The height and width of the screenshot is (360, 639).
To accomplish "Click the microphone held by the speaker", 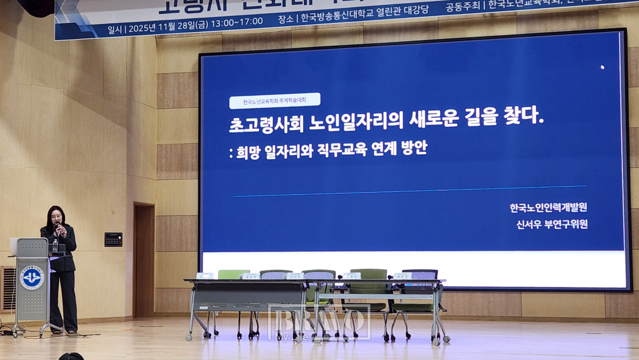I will (59, 229).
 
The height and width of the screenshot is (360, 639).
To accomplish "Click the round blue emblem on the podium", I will (32, 278).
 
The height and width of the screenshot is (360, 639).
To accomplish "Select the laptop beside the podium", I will (14, 246).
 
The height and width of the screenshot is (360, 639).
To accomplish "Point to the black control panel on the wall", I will (113, 239).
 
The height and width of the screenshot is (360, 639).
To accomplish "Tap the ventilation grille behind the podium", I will (7, 287).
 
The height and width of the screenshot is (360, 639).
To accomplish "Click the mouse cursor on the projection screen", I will (603, 67).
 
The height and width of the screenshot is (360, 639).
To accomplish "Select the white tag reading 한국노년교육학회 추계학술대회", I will (274, 101).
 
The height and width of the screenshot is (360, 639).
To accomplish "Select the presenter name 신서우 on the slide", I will (524, 225).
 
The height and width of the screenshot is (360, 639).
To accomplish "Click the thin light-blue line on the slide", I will (409, 191).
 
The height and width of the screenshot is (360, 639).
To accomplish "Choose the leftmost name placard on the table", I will (204, 276).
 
